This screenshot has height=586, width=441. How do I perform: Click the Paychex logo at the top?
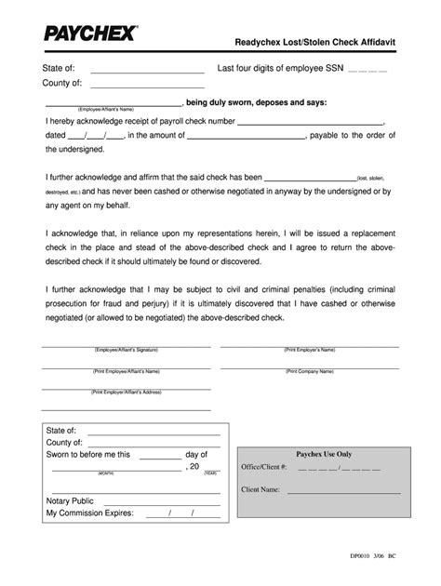(x=91, y=34)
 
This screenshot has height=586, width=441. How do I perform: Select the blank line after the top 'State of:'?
(x=146, y=71)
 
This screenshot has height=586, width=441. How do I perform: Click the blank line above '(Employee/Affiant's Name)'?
(x=113, y=105)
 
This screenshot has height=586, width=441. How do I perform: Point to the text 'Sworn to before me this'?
(x=88, y=455)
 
